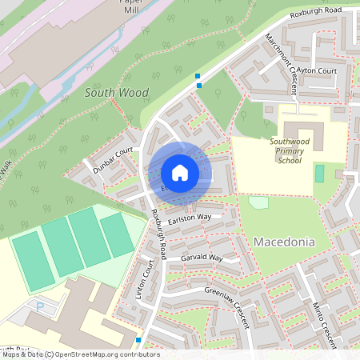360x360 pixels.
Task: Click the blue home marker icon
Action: tap(179, 173)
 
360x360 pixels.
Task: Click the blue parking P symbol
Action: tap(40, 306)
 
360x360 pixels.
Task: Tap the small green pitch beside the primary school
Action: tap(320, 173)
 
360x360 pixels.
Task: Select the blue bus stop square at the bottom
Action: tap(138, 340)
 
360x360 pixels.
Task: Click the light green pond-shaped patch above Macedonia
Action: tap(258, 202)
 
